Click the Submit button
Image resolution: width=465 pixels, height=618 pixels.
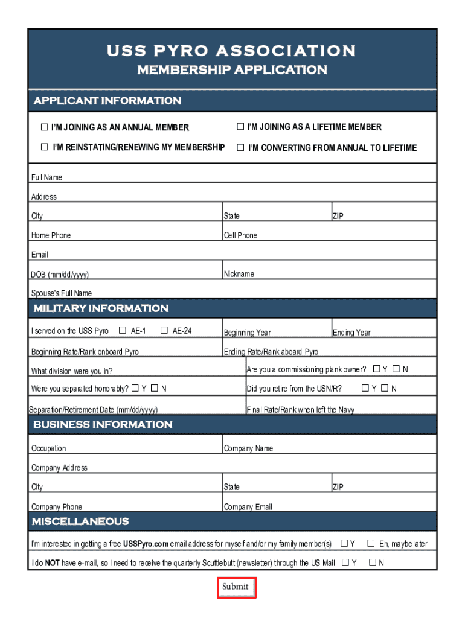[237, 587]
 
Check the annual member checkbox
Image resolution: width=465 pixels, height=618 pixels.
[44, 127]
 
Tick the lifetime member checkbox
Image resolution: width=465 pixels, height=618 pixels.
[240, 127]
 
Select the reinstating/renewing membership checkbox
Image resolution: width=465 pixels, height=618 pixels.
[44, 147]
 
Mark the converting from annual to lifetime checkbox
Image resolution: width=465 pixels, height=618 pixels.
[240, 147]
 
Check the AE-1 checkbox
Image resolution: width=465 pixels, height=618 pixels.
[123, 330]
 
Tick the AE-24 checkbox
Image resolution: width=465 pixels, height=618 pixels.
[164, 330]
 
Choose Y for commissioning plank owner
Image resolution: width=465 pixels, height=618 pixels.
[376, 369]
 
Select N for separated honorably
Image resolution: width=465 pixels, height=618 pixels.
[154, 388]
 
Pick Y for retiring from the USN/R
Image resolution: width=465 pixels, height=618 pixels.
[365, 388]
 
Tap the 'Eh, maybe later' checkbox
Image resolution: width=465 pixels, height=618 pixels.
[371, 543]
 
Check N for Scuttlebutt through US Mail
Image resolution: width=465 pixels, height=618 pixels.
[372, 562]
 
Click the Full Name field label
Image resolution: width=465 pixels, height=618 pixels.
[46, 177]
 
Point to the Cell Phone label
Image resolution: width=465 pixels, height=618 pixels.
[240, 235]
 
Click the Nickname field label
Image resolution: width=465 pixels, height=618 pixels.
[239, 274]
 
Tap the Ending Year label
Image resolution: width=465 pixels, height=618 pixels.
[351, 333]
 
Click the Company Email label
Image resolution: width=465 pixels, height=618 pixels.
[248, 507]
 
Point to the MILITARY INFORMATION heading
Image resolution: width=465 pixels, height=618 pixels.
[101, 308]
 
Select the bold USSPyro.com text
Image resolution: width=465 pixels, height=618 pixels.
[146, 544]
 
